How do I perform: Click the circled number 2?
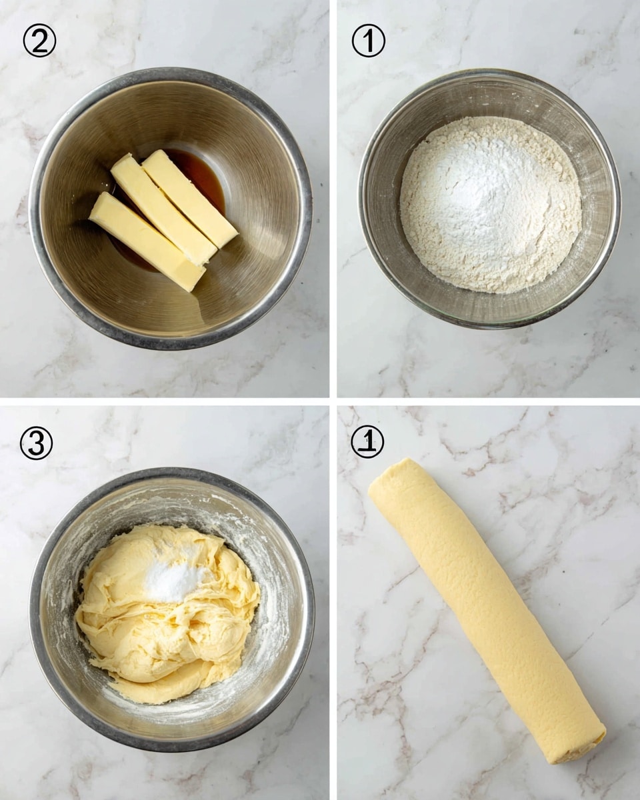point(39,41)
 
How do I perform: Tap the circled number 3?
point(36,443)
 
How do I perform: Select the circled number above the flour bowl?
point(368,41)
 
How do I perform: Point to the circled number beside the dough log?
point(367,441)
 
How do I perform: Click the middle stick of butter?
point(163,209)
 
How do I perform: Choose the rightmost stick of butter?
point(189,197)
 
